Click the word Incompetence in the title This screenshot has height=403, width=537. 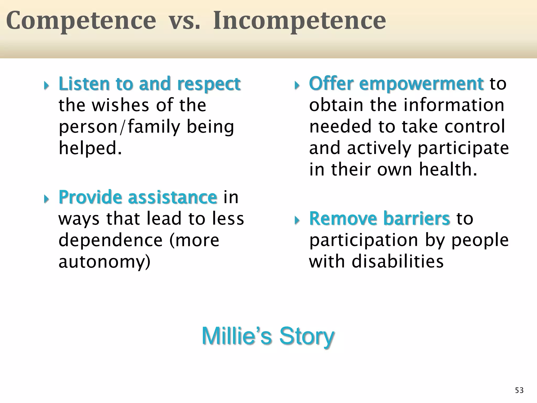tap(299, 21)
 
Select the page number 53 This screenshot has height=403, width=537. tap(519, 390)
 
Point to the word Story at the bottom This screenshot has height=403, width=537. tap(307, 336)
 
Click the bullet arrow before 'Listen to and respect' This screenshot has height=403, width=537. tap(46, 86)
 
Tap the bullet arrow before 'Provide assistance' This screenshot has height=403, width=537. tap(46, 199)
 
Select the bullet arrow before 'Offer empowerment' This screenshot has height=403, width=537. tap(297, 86)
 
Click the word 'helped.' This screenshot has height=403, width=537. tap(90, 148)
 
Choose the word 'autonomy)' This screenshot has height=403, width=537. tap(104, 262)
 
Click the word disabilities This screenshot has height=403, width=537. tap(397, 262)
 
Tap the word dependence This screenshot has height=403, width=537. tap(110, 240)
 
